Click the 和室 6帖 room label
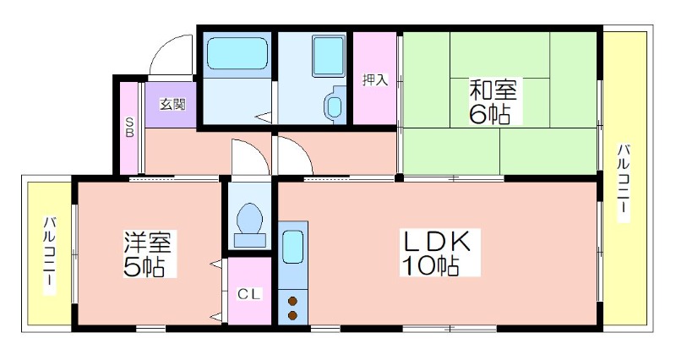[x=492, y=101]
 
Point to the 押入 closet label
[x=374, y=79]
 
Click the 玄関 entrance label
[x=172, y=104]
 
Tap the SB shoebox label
[x=129, y=127]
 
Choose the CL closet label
[x=249, y=294]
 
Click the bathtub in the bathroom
[x=237, y=53]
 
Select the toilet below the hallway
[x=249, y=224]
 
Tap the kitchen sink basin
[x=292, y=247]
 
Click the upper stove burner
[x=292, y=301]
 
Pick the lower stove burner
[x=292, y=315]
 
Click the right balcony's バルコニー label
[x=623, y=183]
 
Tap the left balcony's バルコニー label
[x=50, y=255]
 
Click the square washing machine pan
[x=329, y=56]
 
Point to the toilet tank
[x=249, y=240]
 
